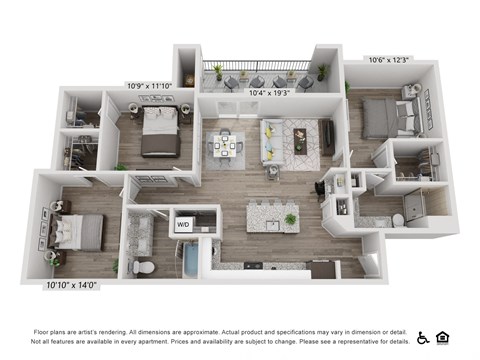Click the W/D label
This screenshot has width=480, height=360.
tap(183, 225)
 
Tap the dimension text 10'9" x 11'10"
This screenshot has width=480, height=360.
tap(148, 85)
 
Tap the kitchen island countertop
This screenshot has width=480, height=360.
tap(271, 214)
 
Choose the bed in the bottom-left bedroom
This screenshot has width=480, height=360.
tap(76, 231)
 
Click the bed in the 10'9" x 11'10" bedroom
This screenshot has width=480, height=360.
tap(159, 133)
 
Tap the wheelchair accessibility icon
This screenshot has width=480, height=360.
tap(423, 337)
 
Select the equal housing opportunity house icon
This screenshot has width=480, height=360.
tap(443, 337)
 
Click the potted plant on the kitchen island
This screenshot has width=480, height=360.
tap(290, 218)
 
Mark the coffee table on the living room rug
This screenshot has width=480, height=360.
tap(301, 145)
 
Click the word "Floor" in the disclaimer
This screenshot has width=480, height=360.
tap(43, 330)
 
